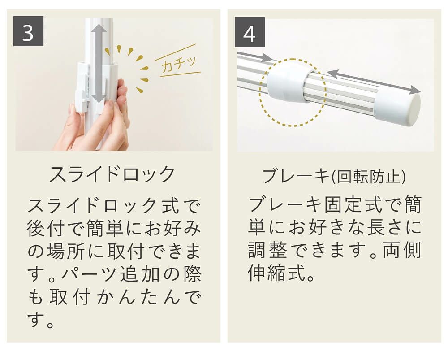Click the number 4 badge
[250, 32]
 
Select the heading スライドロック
[112, 174]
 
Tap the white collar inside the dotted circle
[287, 82]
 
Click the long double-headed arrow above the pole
[374, 81]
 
